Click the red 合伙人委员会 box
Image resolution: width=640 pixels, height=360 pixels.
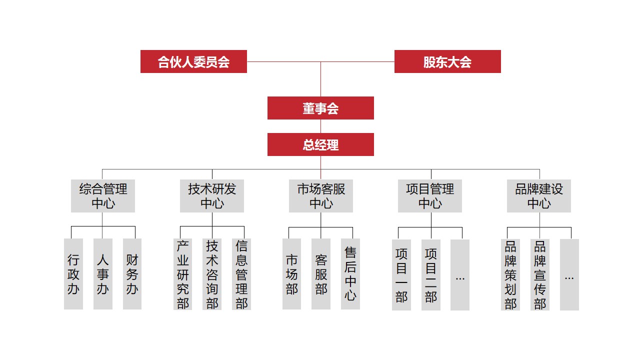(193, 61)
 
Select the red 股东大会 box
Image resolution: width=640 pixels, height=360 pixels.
(447, 61)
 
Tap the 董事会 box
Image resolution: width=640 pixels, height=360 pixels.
(320, 108)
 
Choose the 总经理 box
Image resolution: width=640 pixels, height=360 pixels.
(320, 144)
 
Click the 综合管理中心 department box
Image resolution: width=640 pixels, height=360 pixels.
(103, 196)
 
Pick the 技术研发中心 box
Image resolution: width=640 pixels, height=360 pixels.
(212, 196)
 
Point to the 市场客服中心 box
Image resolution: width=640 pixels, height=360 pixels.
(321, 196)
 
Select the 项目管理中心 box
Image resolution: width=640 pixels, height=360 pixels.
(430, 196)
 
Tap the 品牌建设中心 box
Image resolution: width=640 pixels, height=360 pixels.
(539, 196)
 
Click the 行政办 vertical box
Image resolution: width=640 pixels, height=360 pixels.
(73, 274)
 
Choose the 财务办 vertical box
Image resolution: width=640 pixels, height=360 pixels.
(132, 274)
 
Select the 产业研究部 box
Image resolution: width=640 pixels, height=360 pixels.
(183, 274)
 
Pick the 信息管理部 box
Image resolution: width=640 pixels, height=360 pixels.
(241, 274)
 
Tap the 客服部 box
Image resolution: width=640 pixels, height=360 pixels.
(321, 274)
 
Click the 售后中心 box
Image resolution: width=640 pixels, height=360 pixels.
(350, 274)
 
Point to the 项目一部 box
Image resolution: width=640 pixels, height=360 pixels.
(401, 274)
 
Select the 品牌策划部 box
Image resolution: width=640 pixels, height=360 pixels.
(510, 274)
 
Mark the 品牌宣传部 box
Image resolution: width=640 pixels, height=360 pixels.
(540, 274)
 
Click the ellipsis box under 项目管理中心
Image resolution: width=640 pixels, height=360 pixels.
(460, 274)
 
